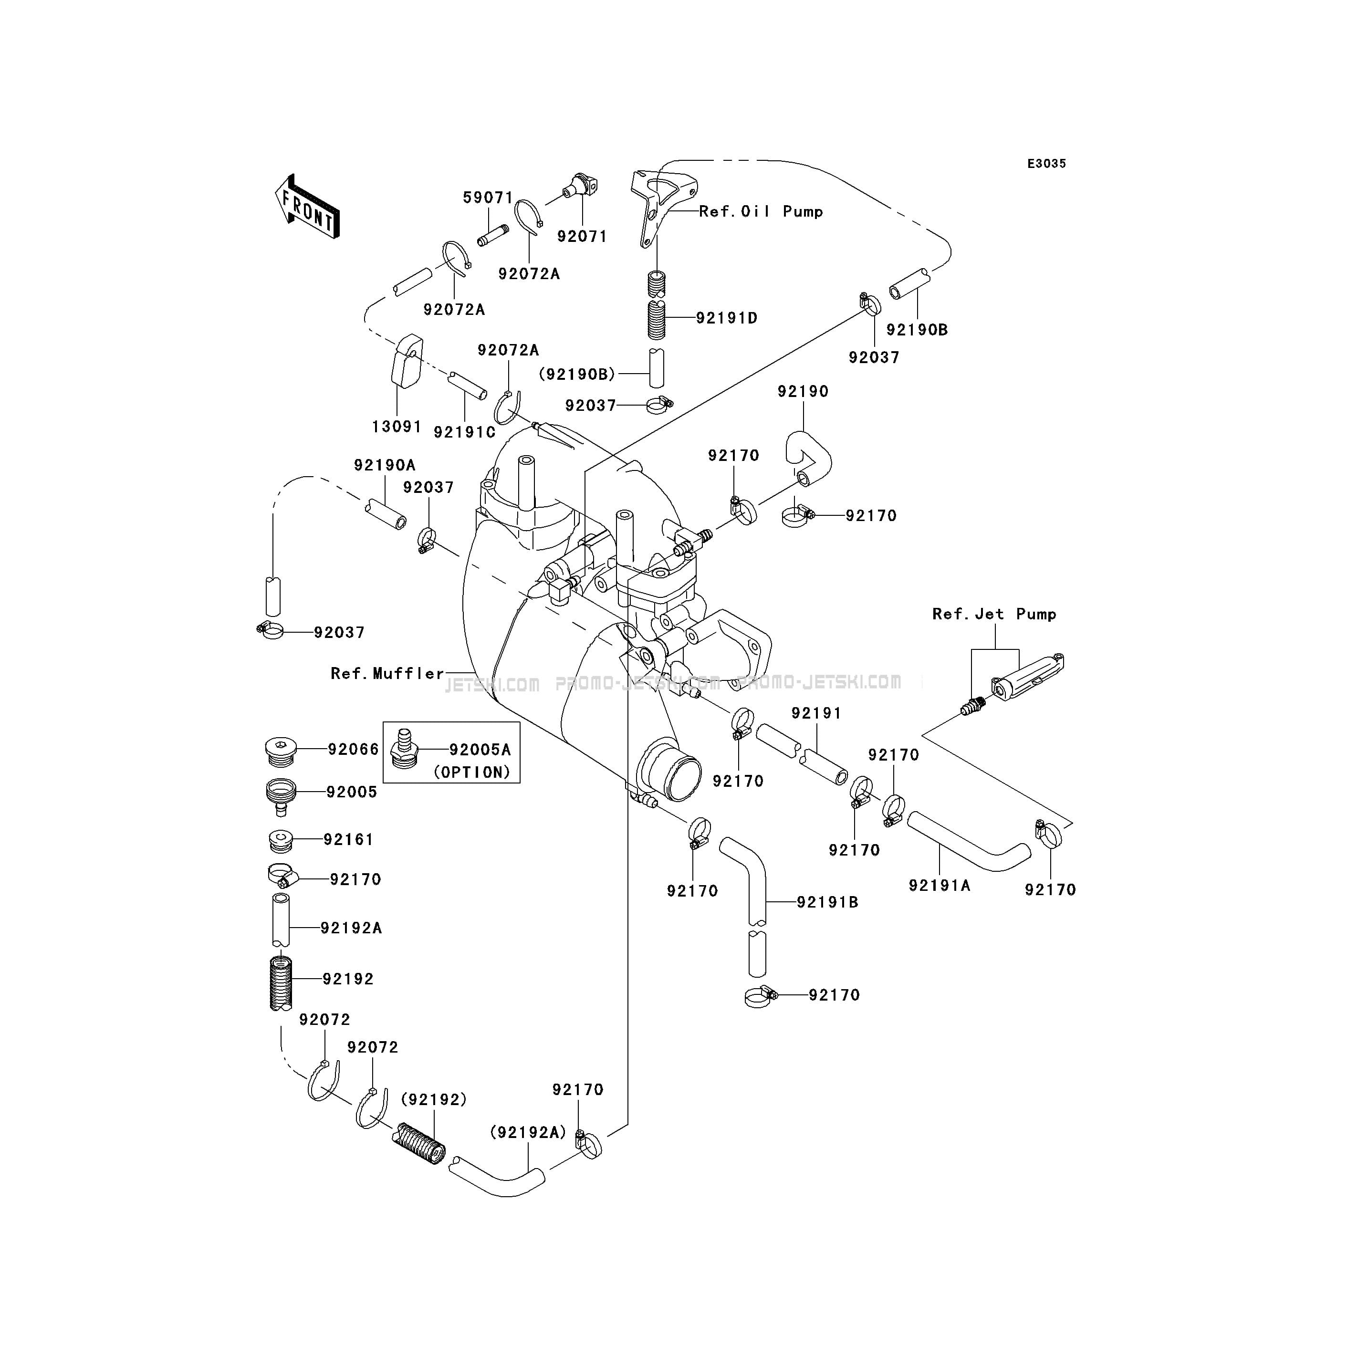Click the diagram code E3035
[1046, 164]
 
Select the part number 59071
[488, 198]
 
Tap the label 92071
[582, 237]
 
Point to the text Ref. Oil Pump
[761, 211]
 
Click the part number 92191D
[727, 318]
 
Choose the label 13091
[397, 426]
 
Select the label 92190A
[385, 465]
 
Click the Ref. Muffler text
[387, 673]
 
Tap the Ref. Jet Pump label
[994, 614]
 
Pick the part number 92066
[353, 749]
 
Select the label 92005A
[480, 749]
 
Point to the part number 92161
[348, 839]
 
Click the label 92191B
[828, 902]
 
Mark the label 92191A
[940, 885]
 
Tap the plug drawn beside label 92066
[281, 751]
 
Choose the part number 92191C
[464, 431]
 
